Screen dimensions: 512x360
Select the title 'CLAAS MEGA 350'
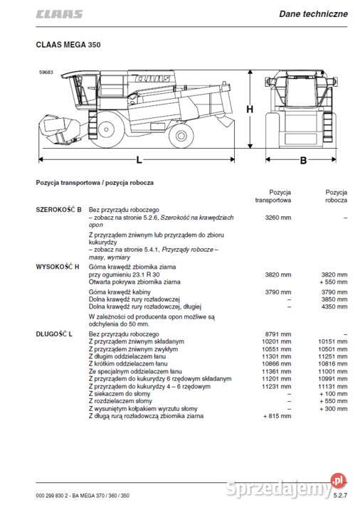click(68, 44)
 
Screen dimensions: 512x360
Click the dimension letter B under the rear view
click(302, 161)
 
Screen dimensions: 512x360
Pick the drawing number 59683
click(47, 70)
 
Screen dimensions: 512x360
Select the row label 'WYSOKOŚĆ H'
click(58, 266)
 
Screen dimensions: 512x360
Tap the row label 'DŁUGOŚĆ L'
click(55, 334)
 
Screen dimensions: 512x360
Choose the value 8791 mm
click(277, 334)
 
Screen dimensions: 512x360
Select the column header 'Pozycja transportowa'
click(275, 196)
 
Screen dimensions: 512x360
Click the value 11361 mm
click(276, 373)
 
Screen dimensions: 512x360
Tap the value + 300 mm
click(332, 408)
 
